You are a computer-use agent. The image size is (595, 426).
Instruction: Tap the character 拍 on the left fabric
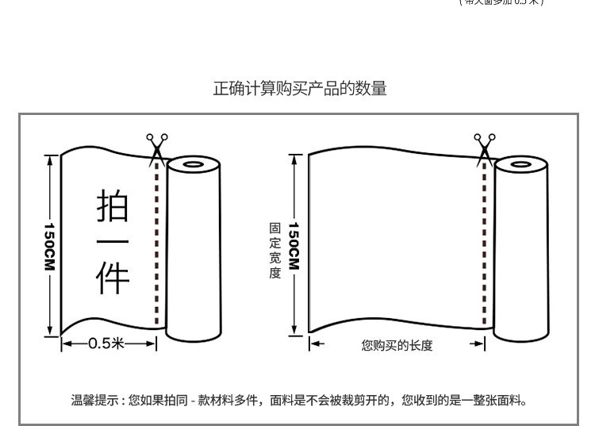(113, 206)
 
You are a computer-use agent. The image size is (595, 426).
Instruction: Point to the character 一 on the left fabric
(113, 242)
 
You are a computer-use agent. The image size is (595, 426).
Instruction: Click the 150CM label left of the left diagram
(49, 243)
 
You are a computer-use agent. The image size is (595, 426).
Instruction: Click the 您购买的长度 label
(397, 345)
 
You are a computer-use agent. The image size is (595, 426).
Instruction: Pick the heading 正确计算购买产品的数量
(300, 89)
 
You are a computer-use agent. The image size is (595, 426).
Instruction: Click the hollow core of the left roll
(194, 165)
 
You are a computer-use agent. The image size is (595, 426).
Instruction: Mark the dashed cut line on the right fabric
(484, 246)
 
